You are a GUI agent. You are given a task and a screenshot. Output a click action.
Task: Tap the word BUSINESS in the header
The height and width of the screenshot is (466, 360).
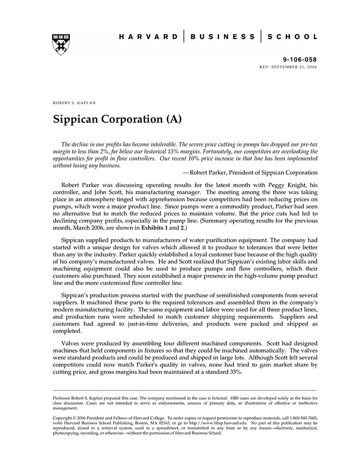pos(222,37)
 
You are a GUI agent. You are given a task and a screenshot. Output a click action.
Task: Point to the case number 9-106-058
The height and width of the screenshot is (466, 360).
pos(300,60)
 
